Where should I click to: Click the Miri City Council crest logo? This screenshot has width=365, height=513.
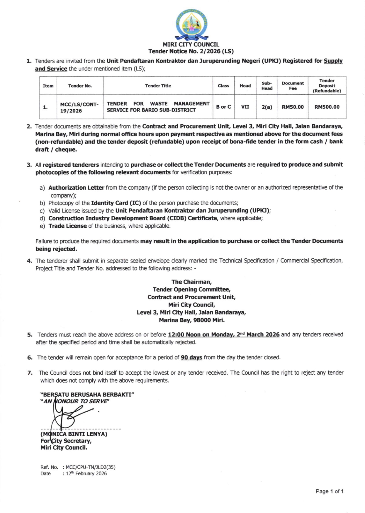[x=191, y=25]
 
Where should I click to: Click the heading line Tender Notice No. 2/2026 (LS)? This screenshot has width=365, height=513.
[x=191, y=52]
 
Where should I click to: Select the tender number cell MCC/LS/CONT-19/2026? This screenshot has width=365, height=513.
[x=79, y=107]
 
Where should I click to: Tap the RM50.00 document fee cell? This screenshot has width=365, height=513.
[x=293, y=107]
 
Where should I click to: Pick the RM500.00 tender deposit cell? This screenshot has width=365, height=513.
[x=327, y=107]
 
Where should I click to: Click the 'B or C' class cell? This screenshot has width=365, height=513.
[x=223, y=107]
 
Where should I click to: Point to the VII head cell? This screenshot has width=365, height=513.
[x=245, y=107]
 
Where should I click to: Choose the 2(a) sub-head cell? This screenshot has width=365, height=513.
[x=267, y=107]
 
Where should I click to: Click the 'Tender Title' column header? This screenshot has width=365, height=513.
[x=158, y=86]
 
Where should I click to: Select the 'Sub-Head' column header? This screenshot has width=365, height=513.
[x=267, y=86]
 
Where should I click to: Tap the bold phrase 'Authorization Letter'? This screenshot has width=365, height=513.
[x=76, y=188]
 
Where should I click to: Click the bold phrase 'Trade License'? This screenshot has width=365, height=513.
[x=67, y=226]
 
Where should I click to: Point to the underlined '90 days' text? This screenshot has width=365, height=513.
[x=191, y=358]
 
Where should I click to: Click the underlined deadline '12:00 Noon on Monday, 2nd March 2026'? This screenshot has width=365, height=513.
[x=223, y=334]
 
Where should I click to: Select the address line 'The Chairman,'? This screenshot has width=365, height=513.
[x=191, y=282]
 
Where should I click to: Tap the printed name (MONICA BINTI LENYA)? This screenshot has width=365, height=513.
[x=74, y=434]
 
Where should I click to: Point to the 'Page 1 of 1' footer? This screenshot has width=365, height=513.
[x=329, y=491]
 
